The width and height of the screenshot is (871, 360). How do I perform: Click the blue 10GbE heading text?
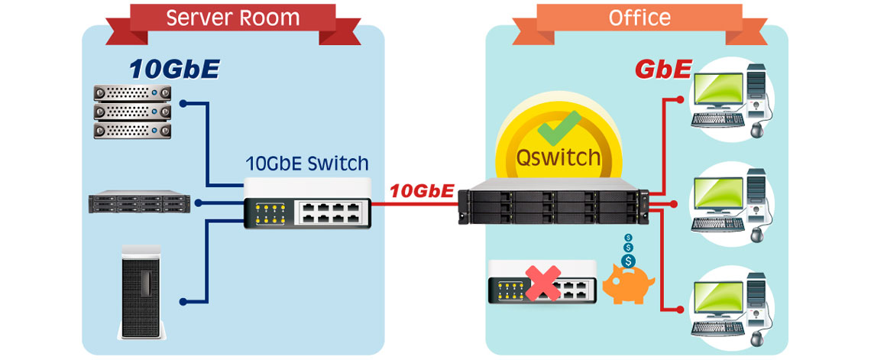click(174, 70)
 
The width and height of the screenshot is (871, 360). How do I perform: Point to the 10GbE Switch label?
click(307, 163)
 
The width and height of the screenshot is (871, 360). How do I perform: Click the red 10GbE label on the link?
click(422, 191)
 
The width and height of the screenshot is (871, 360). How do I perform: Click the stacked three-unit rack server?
click(130, 112)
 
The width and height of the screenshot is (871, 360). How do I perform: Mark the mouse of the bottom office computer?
click(756, 337)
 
